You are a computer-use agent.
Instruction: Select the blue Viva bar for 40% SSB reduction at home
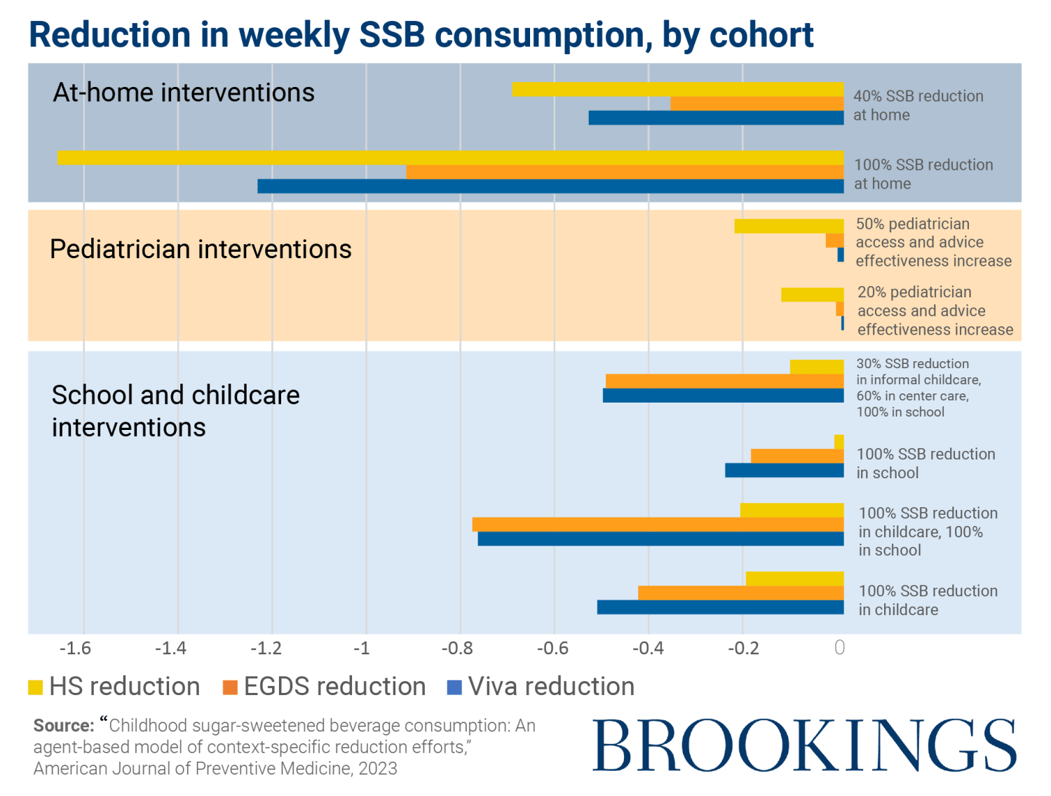715,118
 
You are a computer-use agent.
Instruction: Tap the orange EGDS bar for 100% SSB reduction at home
624,173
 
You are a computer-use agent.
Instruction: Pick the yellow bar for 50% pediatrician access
789,226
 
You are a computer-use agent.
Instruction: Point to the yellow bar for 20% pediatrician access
812,295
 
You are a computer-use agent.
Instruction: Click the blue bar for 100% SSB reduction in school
784,471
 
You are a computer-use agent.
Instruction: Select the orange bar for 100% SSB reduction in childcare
740,593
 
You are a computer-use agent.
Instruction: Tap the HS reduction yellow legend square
36,687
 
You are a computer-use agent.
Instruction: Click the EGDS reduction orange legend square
230,687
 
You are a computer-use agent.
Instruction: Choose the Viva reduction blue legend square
454,687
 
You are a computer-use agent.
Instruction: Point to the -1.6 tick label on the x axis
75,648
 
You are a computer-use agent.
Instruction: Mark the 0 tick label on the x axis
839,648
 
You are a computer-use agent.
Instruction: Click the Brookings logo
803,745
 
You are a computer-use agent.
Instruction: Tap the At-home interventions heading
184,93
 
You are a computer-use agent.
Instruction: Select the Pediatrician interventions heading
201,250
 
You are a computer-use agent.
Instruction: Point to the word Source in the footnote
62,725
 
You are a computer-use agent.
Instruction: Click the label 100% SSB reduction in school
925,464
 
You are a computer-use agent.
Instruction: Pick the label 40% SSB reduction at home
918,106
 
